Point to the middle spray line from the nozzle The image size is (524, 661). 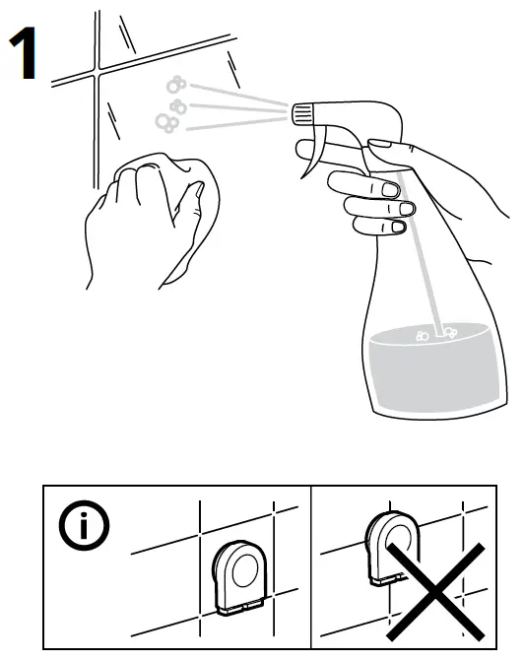[x=236, y=107]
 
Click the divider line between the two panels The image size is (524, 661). [x=311, y=565]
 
